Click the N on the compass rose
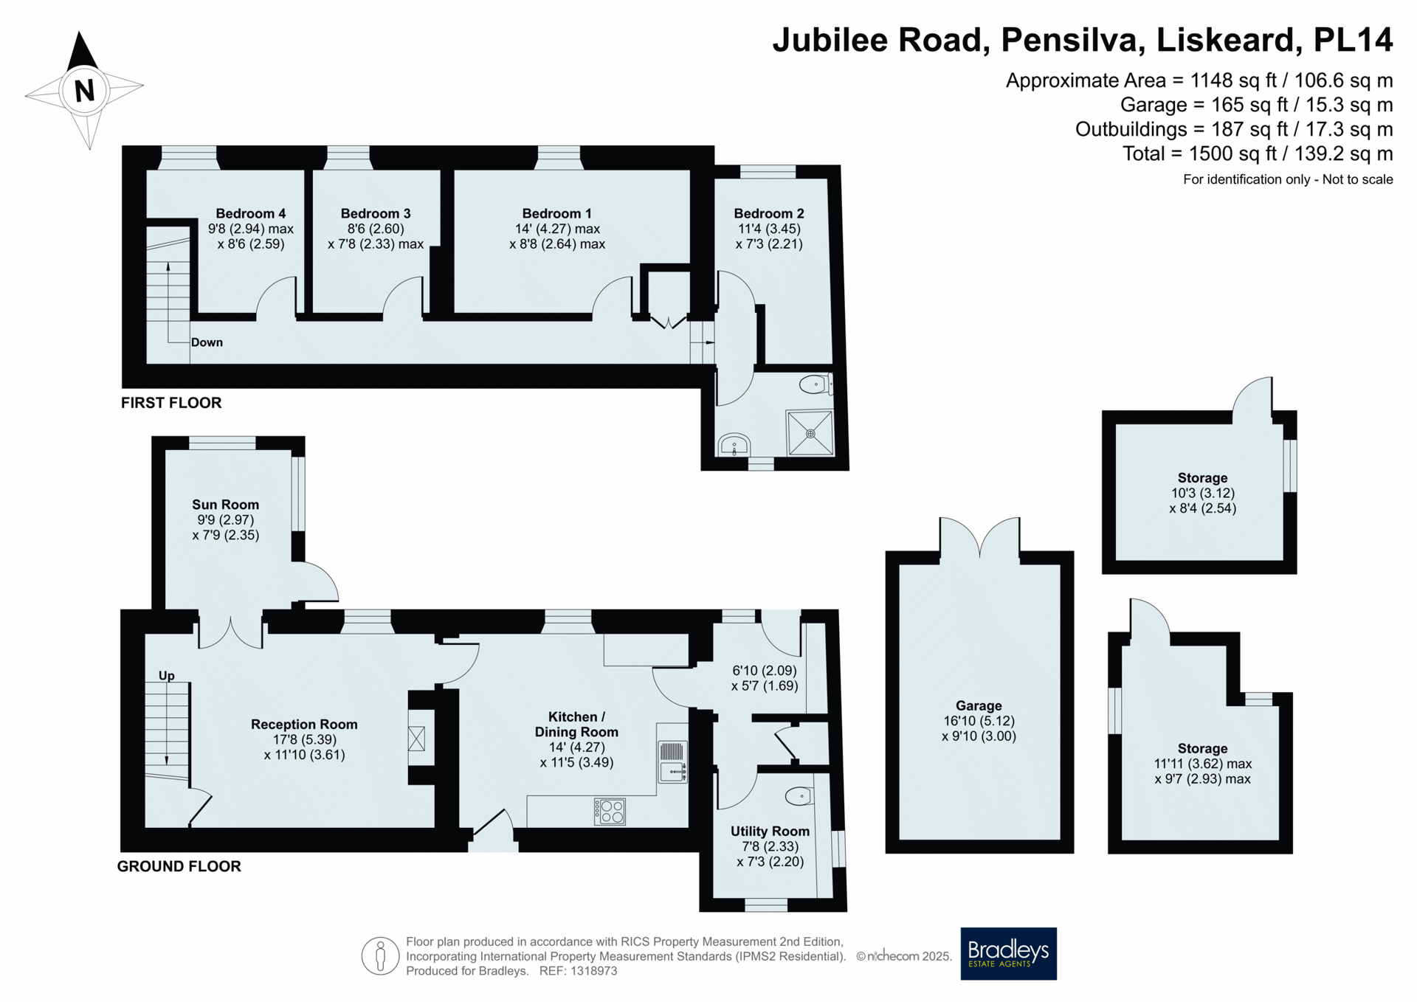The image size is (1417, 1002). [x=85, y=90]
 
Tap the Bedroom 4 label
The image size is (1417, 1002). [x=251, y=213]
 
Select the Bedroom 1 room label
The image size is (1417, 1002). [x=557, y=213]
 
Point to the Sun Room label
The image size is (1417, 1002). [x=226, y=505]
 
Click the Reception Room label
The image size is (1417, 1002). [x=304, y=725]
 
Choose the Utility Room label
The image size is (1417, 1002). [x=770, y=831]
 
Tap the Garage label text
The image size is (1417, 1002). [x=979, y=705]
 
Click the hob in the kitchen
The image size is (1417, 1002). [x=610, y=812]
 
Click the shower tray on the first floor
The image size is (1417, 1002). [x=810, y=433]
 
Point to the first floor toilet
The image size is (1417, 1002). [x=816, y=384]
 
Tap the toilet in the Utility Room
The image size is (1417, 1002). [x=800, y=796]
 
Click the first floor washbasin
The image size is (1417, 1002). [x=734, y=445]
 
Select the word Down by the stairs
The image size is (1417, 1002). [x=207, y=342]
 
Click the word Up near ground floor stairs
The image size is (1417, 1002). [x=167, y=676]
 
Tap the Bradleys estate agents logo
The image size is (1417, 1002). [x=1008, y=953]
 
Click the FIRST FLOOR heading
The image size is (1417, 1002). [x=171, y=403]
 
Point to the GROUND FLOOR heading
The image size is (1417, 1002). [x=179, y=866]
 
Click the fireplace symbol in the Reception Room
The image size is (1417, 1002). [x=417, y=739]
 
